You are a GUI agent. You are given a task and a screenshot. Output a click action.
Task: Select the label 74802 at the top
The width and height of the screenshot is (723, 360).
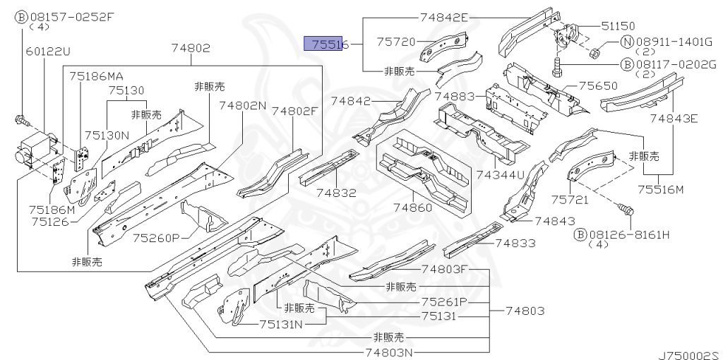tap(190, 48)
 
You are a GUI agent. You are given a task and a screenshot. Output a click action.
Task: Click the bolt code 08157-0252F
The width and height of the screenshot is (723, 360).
tap(69, 16)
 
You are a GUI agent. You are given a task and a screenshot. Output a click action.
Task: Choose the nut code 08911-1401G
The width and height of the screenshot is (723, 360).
tap(675, 42)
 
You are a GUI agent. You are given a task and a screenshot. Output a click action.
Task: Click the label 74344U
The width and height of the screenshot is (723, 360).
tap(501, 174)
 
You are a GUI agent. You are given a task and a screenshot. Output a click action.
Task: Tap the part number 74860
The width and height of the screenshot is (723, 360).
tap(413, 208)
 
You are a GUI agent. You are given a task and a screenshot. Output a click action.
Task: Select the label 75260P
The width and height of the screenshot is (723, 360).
tap(158, 237)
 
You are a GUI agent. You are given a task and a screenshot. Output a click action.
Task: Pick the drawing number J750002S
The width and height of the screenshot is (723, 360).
tap(688, 351)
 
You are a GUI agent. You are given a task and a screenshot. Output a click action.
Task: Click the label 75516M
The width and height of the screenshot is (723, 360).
tap(661, 189)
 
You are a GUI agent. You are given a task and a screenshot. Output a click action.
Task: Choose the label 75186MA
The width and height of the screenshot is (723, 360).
tap(96, 76)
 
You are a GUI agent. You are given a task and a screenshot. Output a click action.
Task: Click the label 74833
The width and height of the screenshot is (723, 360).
tap(515, 244)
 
